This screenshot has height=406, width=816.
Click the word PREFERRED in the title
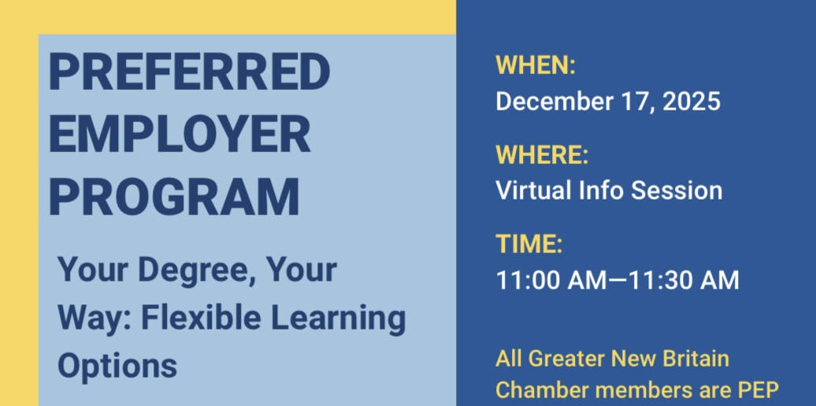[x=189, y=72]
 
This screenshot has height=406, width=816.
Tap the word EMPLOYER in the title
[x=180, y=134]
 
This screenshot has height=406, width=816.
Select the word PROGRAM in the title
[x=174, y=196]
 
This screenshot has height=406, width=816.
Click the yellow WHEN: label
[x=536, y=65]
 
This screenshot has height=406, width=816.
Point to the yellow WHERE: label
[x=542, y=155]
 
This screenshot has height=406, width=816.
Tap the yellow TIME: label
[x=529, y=244]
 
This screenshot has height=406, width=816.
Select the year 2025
[x=691, y=101]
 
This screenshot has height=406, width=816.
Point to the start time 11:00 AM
[x=551, y=280]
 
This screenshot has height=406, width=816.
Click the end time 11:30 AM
[x=684, y=280]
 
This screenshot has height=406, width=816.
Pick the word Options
[x=117, y=367]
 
